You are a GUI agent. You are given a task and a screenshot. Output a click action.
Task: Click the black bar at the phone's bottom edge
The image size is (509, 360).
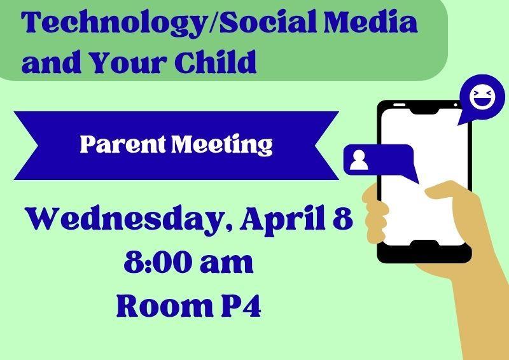pyautogui.click(x=424, y=253)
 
